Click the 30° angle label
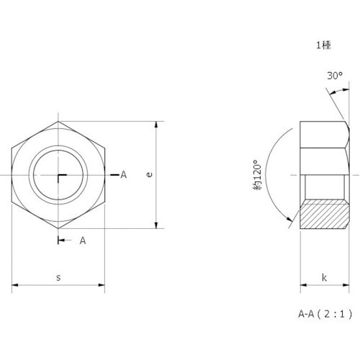tap(335, 76)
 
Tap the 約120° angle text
tap(257, 175)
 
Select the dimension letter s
tap(58, 278)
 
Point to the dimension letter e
tap(149, 174)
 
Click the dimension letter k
tap(324, 278)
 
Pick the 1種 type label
tap(323, 45)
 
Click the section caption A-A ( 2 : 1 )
tap(325, 314)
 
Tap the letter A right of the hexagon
tap(123, 175)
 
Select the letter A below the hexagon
tap(83, 240)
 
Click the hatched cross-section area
tap(324, 214)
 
